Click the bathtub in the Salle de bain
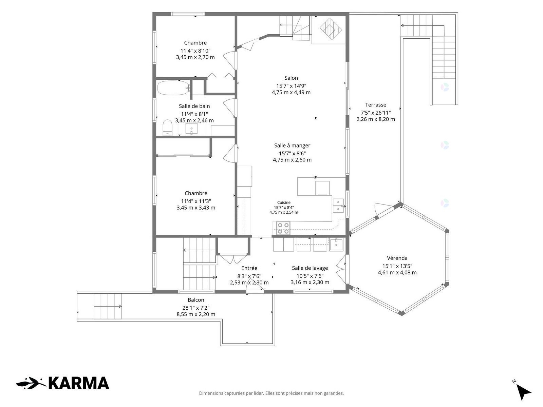point(173,88)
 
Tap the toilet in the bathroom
point(167,128)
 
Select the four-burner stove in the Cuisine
point(283,228)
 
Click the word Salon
point(291,78)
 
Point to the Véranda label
point(397,258)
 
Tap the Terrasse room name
point(376,105)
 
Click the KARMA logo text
point(79,383)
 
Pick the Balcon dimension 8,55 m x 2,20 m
point(196,314)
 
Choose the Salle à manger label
point(292,146)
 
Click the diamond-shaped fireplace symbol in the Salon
point(331,29)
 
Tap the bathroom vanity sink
point(191,129)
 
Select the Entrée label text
point(249,268)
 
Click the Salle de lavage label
point(310,268)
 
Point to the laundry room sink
point(336,245)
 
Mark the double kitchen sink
point(338,206)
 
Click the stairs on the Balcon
point(108,306)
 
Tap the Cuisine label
point(284,202)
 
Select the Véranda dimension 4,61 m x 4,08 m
point(397,273)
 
